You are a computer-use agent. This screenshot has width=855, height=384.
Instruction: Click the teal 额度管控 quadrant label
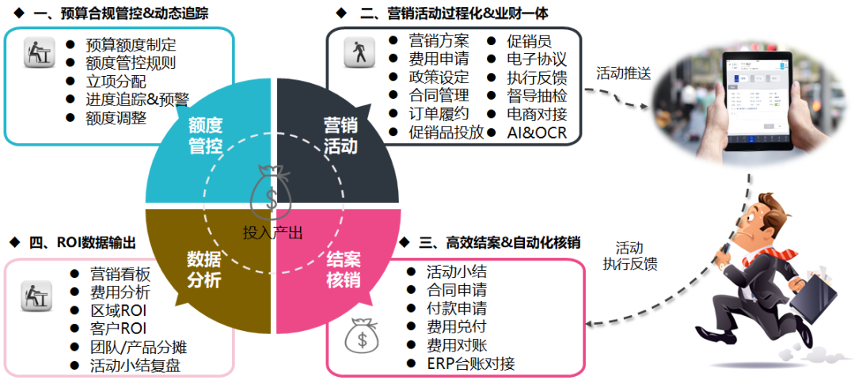205,135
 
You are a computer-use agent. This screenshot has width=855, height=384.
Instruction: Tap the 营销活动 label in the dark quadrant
341,135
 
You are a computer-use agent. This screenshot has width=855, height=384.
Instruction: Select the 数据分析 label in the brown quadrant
204,269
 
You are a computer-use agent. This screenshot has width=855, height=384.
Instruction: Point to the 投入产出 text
272,232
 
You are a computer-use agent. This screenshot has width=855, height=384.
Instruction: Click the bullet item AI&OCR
537,132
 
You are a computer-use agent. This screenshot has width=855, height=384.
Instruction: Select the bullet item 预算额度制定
131,44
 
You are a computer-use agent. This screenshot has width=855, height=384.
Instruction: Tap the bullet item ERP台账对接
470,363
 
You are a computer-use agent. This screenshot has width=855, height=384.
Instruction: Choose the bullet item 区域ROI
118,310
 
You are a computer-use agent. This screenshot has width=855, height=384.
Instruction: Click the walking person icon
359,52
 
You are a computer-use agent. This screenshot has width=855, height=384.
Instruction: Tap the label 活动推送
623,74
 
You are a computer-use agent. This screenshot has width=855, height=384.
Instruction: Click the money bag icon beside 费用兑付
362,336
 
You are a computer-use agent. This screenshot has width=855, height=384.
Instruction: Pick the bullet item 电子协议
537,59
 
